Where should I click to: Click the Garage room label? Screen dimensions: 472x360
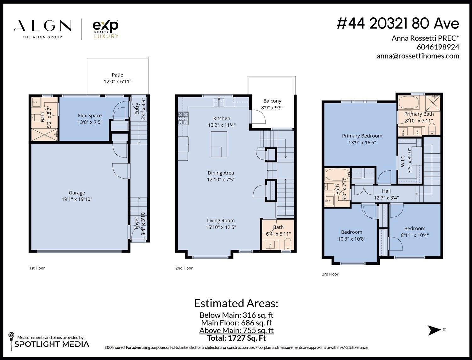77,193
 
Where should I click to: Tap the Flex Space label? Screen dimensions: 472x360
90,116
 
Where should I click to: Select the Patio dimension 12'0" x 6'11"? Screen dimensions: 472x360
117,82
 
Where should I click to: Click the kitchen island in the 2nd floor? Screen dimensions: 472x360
219,144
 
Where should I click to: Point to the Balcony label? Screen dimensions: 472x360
272,101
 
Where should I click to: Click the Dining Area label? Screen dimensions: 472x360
221,173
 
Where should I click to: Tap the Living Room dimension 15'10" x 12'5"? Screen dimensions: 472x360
221,227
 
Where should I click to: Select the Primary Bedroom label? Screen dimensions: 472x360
362,136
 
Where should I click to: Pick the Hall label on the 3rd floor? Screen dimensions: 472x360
386,191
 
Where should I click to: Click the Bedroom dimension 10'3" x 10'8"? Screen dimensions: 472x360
351,239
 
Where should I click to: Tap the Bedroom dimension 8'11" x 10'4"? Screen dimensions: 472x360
415,235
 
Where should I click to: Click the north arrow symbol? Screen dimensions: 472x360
435,330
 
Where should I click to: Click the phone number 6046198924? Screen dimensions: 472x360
438,47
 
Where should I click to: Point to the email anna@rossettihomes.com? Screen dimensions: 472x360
418,56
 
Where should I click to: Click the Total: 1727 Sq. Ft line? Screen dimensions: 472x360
236,338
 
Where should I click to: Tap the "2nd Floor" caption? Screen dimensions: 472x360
184,268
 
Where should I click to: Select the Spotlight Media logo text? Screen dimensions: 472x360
52,344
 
